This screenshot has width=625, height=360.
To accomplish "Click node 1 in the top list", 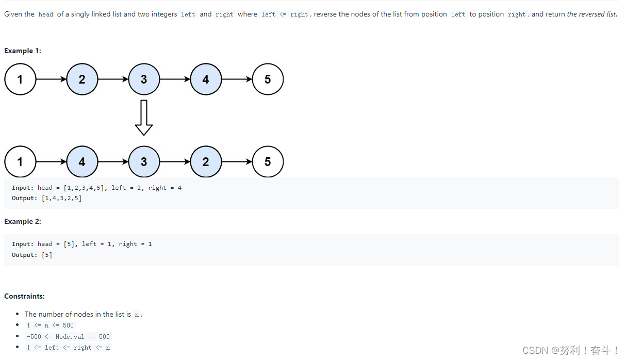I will coord(20,79).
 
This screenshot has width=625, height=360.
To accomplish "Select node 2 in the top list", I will coord(82,79).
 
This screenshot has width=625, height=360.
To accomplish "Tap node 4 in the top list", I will coord(206,79).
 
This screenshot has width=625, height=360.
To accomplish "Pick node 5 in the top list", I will coord(268,79).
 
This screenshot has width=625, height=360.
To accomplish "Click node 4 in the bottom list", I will coord(82,162).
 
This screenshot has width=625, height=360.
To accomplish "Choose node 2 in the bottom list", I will coord(206,162).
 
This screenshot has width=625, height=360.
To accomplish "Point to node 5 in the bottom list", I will coord(268,162).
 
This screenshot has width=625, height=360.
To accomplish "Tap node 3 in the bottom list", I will coord(144,162).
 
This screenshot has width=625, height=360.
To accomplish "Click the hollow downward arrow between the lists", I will coord(144,117).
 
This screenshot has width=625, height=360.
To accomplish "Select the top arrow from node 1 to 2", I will coord(51,79).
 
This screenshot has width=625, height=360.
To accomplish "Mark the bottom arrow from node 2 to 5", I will coord(237,162).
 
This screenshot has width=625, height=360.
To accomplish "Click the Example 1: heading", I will coord(23,51).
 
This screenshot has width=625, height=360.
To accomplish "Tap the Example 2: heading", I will coord(23,221).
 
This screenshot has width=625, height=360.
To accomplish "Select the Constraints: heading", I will coord(24,296).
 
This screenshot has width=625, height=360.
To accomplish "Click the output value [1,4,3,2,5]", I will coord(61,198).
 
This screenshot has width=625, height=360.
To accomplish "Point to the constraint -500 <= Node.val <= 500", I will coord(68,337).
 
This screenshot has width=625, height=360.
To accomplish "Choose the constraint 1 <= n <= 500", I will coord(51,325).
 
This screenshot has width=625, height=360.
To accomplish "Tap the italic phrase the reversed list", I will coord(591,14).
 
